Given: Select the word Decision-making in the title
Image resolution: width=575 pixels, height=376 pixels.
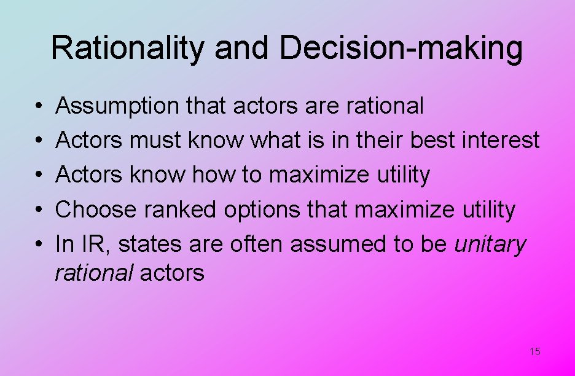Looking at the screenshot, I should pyautogui.click(x=401, y=48).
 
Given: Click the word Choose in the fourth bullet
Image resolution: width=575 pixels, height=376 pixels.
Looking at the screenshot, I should pyautogui.click(x=96, y=210).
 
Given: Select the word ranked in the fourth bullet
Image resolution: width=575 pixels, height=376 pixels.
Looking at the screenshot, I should pyautogui.click(x=181, y=210).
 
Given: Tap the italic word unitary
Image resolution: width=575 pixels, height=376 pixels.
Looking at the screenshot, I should pyautogui.click(x=490, y=245).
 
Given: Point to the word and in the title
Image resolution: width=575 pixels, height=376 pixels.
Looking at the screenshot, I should pyautogui.click(x=242, y=48).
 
